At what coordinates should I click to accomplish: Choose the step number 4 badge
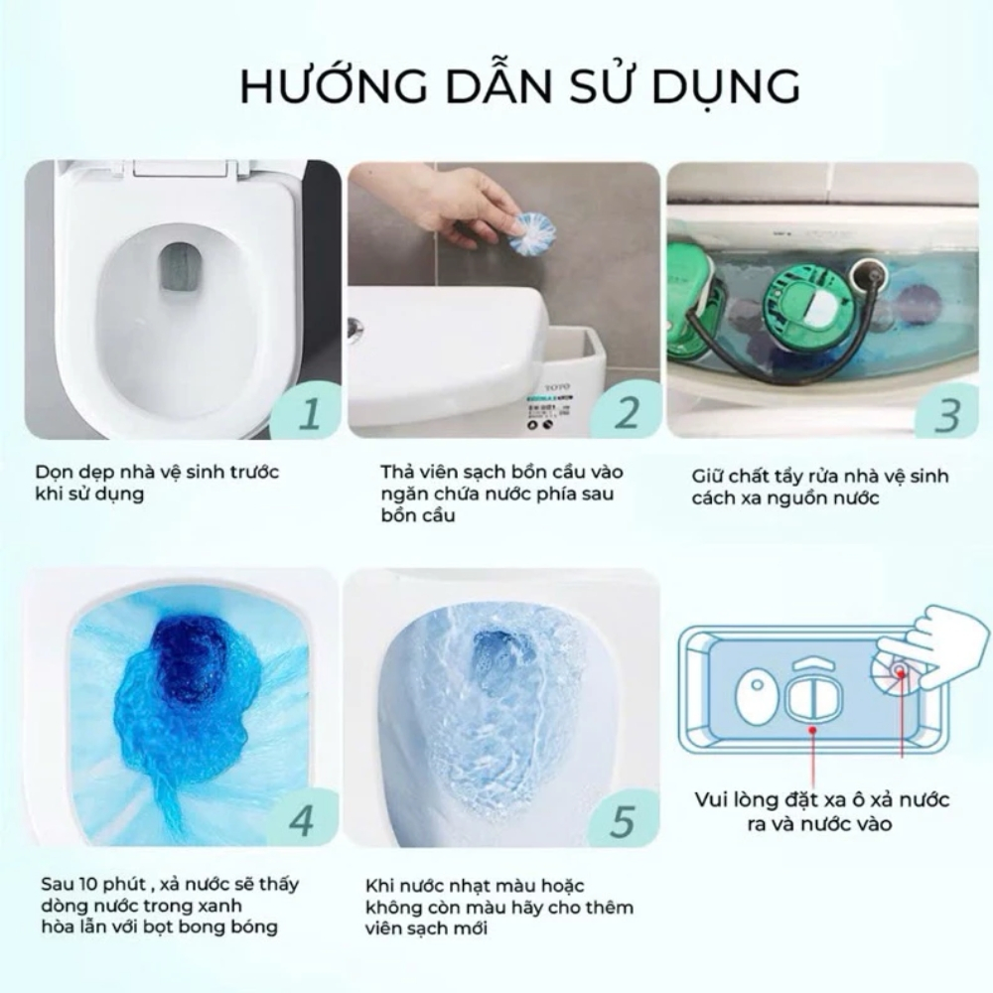click(x=302, y=819)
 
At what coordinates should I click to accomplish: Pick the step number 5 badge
click(x=623, y=819)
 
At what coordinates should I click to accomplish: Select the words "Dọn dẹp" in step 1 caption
click(x=71, y=473)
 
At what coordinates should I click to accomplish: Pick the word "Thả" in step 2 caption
click(x=396, y=472)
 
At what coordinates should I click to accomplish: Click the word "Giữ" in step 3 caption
click(x=708, y=477)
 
